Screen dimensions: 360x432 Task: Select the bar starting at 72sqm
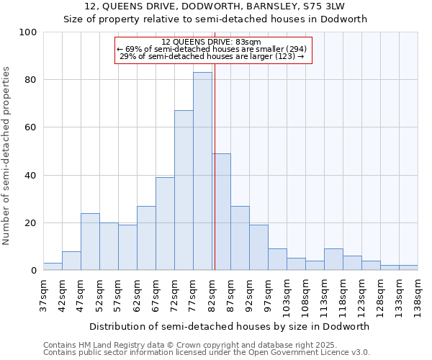184,190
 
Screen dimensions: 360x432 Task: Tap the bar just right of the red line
222,212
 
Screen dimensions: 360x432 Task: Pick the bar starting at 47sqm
90,242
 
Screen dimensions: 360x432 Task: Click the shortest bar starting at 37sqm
53,266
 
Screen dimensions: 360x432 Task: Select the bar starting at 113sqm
333,259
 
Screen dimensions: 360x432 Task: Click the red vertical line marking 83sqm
215,180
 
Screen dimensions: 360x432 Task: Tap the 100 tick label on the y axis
28,32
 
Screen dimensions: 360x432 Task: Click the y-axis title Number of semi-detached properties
7,156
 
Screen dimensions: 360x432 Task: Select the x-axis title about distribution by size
230,326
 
